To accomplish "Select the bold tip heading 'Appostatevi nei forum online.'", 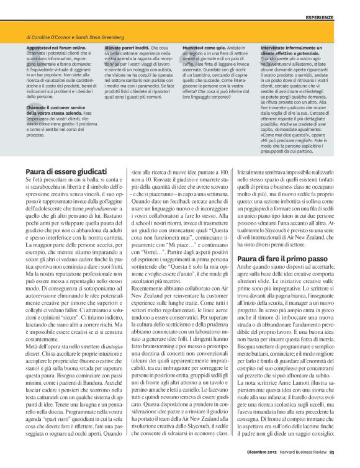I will coord(58,47).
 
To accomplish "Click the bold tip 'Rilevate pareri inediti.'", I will coord(127,47).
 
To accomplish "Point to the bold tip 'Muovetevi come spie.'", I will coord(204,47).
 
